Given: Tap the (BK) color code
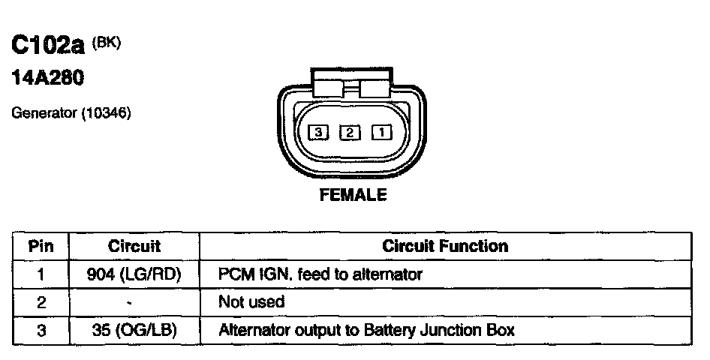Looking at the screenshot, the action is (106, 43).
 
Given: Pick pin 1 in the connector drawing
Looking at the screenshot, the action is (381, 133).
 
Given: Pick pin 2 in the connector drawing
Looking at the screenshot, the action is (350, 133).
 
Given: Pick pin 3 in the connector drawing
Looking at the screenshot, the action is (319, 133).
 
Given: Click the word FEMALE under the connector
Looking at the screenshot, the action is (353, 195).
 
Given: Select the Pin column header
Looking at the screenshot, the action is (41, 246).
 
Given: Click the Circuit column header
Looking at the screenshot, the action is (135, 246).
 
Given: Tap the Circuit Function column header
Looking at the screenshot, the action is (445, 246).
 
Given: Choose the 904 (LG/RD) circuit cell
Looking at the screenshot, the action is (135, 274).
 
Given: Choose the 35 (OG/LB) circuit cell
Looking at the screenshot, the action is (135, 330).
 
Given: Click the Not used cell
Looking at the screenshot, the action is (251, 302).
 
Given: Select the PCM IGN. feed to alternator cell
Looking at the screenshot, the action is (320, 274).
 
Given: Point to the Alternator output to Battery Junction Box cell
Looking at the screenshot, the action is (366, 330).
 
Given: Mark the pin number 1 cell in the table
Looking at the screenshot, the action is (41, 274).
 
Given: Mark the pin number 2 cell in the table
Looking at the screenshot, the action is (41, 302).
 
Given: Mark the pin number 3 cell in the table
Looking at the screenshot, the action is (41, 330).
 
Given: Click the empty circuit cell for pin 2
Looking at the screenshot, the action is (135, 302).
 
